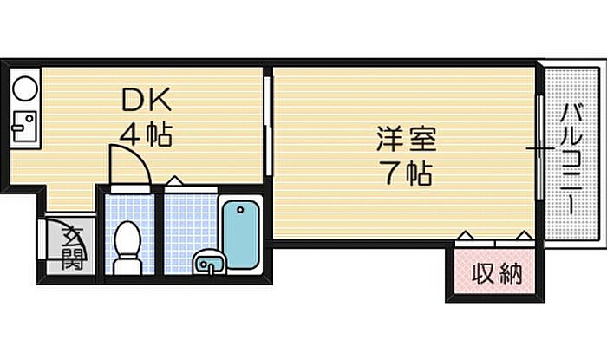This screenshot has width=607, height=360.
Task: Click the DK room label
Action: click(146, 102)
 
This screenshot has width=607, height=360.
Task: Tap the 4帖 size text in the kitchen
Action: click(146, 134)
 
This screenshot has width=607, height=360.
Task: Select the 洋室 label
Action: click(406, 140)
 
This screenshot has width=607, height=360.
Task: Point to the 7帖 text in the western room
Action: click(406, 173)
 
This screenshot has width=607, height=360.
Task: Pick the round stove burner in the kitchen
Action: click(24, 88)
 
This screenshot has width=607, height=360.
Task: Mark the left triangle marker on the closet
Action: click(466, 235)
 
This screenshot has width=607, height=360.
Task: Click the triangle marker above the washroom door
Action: click(174, 181)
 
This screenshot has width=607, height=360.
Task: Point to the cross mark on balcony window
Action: click(541, 150)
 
